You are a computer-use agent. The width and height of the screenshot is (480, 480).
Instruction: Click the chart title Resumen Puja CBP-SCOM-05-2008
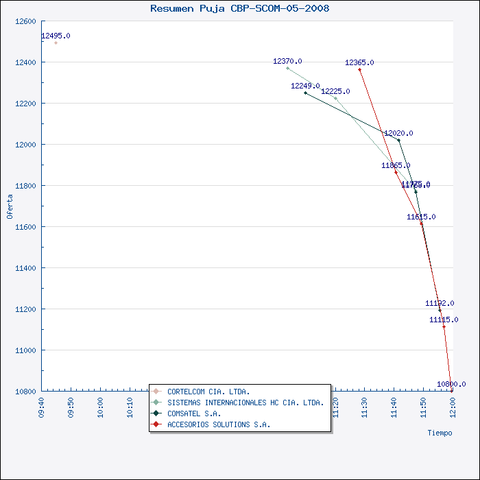pyautogui.click(x=239, y=9)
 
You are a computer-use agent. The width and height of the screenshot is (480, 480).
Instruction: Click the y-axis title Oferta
pyautogui.click(x=10, y=206)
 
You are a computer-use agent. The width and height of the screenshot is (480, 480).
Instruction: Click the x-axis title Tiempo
pyautogui.click(x=440, y=433)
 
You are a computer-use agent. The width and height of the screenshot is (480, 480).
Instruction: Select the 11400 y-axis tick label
pyautogui.click(x=25, y=268)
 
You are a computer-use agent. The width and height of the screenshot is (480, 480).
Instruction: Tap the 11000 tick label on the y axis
pyautogui.click(x=25, y=350)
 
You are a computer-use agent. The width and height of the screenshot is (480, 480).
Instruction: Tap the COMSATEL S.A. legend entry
pyautogui.click(x=194, y=413)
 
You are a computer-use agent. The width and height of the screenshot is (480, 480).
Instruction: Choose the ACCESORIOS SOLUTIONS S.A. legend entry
pyautogui.click(x=219, y=424)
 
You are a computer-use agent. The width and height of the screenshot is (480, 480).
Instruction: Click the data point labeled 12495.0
pyautogui.click(x=56, y=43)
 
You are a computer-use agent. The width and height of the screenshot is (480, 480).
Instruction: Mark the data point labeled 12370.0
pyautogui.click(x=287, y=68)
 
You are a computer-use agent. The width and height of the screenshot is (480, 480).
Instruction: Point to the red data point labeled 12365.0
pyautogui.click(x=359, y=69)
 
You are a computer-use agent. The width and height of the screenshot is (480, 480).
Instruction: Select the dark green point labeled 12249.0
pyautogui.click(x=306, y=93)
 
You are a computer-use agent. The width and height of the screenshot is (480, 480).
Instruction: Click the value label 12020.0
pyautogui.click(x=398, y=134)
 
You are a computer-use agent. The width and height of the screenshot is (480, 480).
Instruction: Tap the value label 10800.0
pyautogui.click(x=451, y=385)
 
